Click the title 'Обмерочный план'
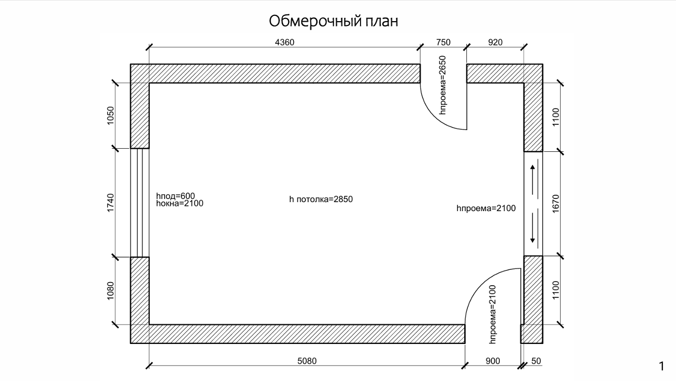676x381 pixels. (x=334, y=21)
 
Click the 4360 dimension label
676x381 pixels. (x=284, y=42)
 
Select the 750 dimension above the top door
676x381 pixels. (x=443, y=42)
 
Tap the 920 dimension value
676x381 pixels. (x=495, y=42)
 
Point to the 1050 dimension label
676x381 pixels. (x=111, y=115)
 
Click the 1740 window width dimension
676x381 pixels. (x=111, y=203)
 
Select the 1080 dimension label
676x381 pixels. (x=111, y=291)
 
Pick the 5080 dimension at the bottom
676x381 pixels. (x=307, y=361)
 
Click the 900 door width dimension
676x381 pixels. (x=493, y=361)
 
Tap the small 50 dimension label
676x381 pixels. (x=536, y=361)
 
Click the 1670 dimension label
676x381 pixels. (x=556, y=204)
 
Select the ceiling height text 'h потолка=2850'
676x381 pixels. (x=321, y=199)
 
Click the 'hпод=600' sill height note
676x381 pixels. (x=175, y=196)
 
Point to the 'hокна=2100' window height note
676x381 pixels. (x=179, y=203)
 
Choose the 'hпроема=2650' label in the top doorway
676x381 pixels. (x=443, y=85)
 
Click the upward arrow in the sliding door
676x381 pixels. (x=533, y=180)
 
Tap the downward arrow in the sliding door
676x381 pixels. (x=533, y=228)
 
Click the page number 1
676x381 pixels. (x=661, y=367)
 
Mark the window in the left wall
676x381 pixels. (x=140, y=203)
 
